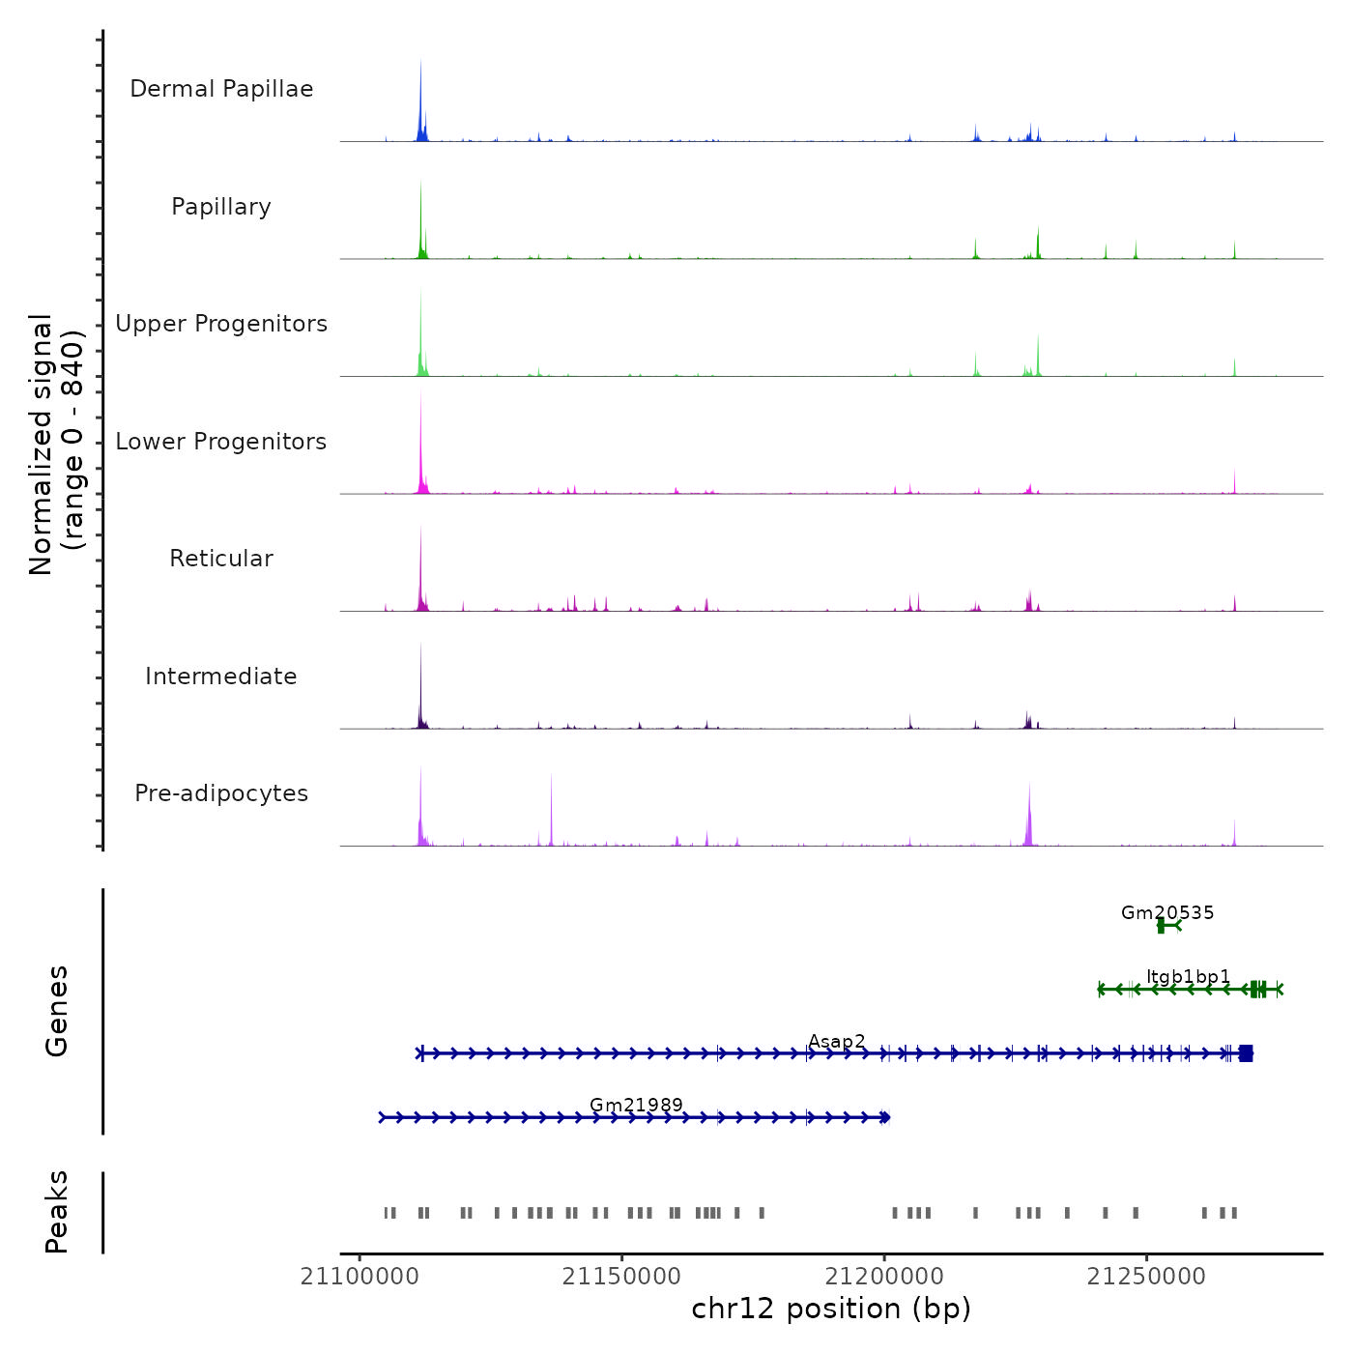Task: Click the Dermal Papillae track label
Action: tap(221, 89)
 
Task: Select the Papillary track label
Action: tap(221, 207)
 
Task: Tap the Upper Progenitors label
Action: tap(221, 324)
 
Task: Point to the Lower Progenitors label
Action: tap(221, 442)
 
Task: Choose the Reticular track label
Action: tap(221, 559)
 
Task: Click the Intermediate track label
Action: tap(221, 676)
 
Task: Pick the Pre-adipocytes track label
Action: tap(221, 793)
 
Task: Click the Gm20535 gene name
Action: tap(1167, 912)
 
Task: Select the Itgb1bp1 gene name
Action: tap(1189, 977)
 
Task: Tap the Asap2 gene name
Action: tap(837, 1042)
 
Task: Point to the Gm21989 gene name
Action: tap(636, 1105)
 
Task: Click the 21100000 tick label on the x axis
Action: tap(360, 1277)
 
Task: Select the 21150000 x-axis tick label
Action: tap(622, 1277)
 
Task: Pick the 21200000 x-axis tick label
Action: tap(884, 1277)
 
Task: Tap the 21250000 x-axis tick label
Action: tap(1146, 1277)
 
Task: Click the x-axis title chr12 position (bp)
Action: tap(831, 1309)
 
